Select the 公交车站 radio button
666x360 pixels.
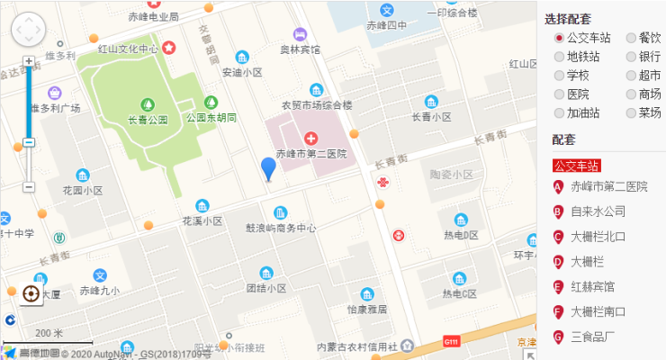coord(559,38)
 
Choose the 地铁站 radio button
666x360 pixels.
coord(559,57)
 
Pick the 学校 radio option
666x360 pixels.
coord(559,76)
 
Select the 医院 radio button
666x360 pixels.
coord(559,94)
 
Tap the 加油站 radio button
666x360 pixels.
coord(559,112)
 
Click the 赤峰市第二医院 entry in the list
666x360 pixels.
coord(608,186)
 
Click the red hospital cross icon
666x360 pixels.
coord(311,138)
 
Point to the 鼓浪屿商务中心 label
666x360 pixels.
coord(281,228)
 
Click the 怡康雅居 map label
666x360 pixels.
coord(366,309)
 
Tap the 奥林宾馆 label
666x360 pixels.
coord(300,49)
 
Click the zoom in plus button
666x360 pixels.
coord(29,62)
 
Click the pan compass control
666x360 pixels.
coord(28,30)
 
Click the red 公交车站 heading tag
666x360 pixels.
coord(576,165)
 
